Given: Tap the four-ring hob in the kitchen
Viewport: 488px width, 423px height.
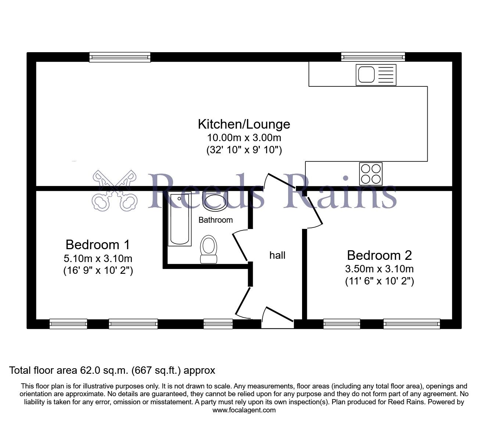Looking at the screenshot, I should pos(371,173).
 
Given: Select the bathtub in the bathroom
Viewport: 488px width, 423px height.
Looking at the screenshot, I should pos(180,219).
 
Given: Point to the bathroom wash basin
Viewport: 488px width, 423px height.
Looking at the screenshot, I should pos(215,202).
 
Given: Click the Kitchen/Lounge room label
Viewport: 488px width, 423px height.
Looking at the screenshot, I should pos(244,124).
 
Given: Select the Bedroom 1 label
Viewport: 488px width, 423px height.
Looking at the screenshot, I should pos(97,244).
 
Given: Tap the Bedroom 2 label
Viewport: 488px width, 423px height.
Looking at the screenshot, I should pos(379,255).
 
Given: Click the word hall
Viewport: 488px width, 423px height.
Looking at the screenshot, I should pos(277,255).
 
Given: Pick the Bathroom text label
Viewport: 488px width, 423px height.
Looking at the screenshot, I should pos(215,220).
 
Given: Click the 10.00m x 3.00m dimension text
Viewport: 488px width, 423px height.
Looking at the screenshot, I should pos(244,138).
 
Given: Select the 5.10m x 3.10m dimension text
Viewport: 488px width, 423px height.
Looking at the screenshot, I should pos(98,258).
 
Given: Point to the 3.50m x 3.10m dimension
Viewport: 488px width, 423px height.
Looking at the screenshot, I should pos(379,269).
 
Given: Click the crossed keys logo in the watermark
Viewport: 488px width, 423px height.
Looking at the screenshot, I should pos(115,190).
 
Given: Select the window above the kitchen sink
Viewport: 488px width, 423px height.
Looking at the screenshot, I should pos(373,57).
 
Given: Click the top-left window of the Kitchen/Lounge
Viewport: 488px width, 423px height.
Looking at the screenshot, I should pos(120,57).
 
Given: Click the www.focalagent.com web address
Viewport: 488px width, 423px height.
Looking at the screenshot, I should pos(244,410).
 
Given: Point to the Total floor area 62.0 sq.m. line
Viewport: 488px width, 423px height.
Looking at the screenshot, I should pos(112,370).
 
